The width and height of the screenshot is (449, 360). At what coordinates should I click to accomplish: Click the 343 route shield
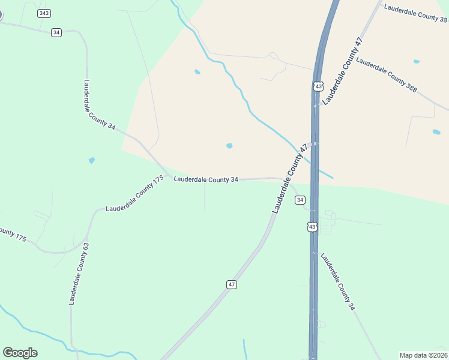coord(44,13)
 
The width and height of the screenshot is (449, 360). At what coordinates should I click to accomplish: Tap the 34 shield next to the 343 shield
coord(56,32)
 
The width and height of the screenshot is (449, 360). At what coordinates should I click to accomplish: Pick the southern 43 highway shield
coord(312,226)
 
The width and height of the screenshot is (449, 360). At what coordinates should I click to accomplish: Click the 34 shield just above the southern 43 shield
coord(300,200)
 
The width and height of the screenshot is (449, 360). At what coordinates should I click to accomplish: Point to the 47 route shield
coord(232,284)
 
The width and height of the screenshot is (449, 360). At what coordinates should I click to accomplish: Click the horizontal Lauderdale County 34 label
coord(206,179)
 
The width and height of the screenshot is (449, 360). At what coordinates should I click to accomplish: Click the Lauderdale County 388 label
coord(386,74)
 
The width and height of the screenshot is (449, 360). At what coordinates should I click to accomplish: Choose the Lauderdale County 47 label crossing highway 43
coord(290,179)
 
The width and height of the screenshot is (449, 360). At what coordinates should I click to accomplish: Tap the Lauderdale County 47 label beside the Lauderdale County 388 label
coord(343,71)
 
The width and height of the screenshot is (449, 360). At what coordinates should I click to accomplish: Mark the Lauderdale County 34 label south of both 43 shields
coord(337,281)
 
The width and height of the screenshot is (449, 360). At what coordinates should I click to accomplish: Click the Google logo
coord(20,353)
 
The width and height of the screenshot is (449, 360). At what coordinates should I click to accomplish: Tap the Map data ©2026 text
coord(424,355)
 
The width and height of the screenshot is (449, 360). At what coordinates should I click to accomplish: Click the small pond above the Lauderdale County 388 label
coord(417,61)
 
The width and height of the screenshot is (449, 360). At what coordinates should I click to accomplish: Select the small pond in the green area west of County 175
coord(91,160)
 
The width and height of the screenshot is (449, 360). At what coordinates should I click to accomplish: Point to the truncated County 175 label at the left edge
coord(12,234)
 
